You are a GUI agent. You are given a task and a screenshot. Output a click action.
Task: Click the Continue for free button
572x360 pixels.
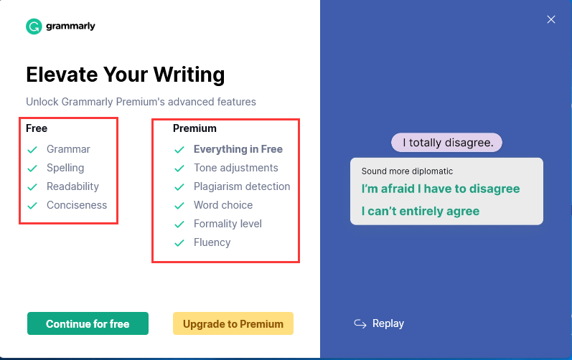point(88,323)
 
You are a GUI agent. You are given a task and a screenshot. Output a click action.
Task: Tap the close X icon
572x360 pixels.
point(551,19)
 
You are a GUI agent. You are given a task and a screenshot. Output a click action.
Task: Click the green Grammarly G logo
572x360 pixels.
point(34,27)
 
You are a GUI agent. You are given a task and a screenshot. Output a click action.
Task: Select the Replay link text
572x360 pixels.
point(388,323)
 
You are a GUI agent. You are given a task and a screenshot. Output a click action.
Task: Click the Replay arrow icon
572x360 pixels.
point(360,323)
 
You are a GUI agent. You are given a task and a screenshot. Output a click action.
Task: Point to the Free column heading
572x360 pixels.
point(37,128)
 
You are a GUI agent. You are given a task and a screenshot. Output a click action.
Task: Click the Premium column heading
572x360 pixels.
point(194,128)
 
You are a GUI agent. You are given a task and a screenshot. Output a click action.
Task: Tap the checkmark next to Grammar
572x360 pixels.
point(32,149)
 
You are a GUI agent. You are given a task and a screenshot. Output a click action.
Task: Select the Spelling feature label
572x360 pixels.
point(65,168)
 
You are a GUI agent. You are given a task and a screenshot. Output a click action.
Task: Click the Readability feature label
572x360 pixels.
point(72,186)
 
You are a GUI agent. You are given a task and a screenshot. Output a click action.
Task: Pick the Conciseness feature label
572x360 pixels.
point(77,205)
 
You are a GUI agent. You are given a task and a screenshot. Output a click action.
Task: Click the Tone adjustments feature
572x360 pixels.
point(235,168)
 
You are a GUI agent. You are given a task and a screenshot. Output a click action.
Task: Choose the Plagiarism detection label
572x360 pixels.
point(242,186)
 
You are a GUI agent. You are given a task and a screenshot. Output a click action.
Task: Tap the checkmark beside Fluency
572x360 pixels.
point(179,242)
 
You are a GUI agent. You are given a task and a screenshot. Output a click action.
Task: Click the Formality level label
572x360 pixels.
point(228,223)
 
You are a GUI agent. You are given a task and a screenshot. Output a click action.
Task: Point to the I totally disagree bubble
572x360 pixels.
point(446,143)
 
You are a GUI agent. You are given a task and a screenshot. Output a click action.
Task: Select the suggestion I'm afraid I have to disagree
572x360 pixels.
point(441,189)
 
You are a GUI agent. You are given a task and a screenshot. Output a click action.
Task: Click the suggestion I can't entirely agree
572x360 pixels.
point(421,211)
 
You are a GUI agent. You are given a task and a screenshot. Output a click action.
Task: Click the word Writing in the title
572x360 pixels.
point(189,75)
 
